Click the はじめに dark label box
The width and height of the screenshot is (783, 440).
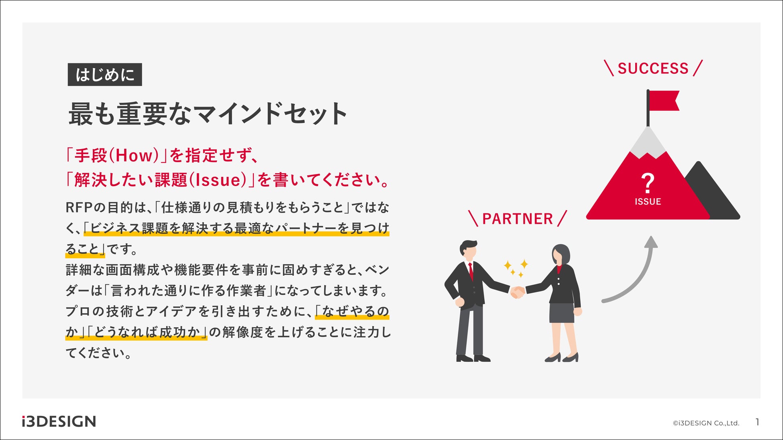[x=105, y=75]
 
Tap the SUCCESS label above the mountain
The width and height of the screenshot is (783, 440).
[x=653, y=69]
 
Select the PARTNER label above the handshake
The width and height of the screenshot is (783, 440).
[x=518, y=219]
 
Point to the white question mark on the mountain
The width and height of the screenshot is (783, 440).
[x=647, y=183]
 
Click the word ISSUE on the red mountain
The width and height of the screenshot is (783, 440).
[x=648, y=202]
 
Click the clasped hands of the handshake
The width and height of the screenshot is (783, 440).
[x=517, y=292]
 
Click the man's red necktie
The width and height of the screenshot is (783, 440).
[x=471, y=271]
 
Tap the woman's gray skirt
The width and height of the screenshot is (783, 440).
[x=562, y=313]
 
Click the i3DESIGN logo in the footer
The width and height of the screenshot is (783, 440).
[x=59, y=422]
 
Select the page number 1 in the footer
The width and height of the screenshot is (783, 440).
[x=757, y=422]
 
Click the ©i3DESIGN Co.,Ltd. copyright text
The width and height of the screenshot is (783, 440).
[x=706, y=423]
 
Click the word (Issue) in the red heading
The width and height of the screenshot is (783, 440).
[x=217, y=180]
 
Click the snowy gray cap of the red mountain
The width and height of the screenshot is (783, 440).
[x=647, y=144]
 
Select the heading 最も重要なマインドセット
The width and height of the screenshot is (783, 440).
[x=208, y=114]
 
